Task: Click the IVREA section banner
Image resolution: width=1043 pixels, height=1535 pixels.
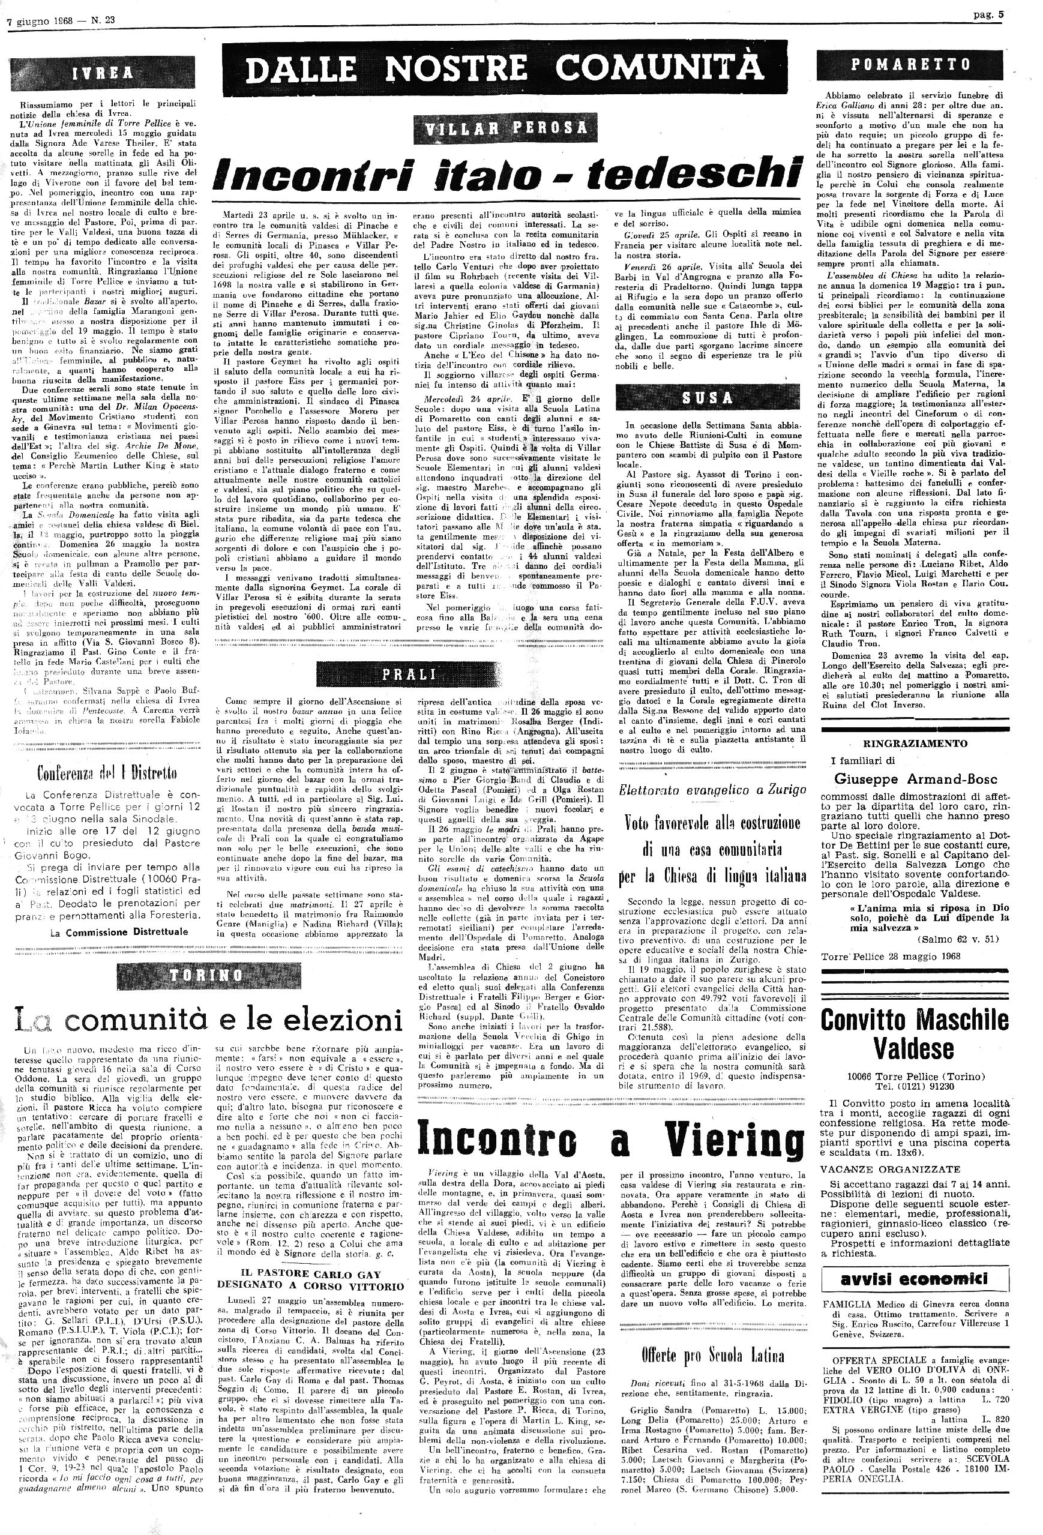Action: pos(103,73)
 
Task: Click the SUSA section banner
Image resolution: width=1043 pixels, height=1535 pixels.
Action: pos(708,398)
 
